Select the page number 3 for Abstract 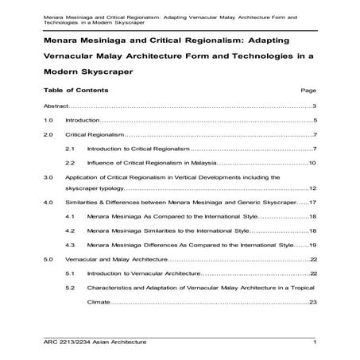click(315, 106)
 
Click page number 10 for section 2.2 click(313, 163)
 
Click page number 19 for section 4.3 click(313, 245)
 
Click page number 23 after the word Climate click(313, 302)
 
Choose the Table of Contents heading click(76, 90)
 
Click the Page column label click(309, 91)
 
